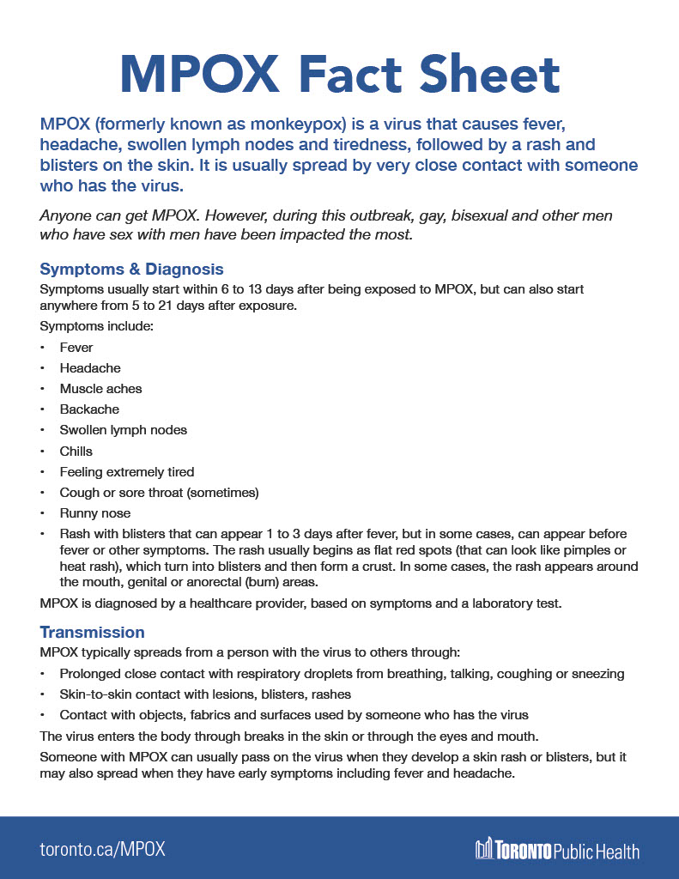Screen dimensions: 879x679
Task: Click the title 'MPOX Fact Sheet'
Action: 339,75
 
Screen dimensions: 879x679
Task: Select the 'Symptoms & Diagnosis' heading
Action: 131,269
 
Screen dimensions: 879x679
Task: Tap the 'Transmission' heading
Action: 92,632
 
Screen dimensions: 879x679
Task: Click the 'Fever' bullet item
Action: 76,348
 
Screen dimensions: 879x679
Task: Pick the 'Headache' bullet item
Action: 90,368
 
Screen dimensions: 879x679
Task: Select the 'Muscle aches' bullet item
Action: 100,389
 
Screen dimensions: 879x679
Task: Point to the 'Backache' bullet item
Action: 89,409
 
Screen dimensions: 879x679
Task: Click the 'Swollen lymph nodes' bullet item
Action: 123,430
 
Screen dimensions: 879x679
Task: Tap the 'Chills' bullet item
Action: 76,451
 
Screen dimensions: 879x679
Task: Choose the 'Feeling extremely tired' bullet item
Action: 127,471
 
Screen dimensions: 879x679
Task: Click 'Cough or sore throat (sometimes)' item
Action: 159,493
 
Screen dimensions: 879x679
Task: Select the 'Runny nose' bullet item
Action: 95,513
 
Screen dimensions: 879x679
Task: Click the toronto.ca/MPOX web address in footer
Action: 102,850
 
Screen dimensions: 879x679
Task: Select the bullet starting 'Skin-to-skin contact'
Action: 205,694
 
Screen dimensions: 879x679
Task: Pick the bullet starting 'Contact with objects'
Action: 294,714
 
